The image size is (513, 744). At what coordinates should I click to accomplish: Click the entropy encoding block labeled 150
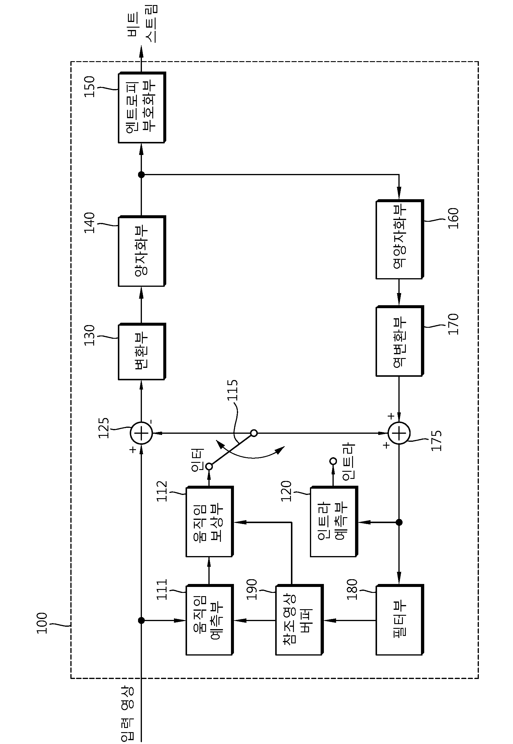click(142, 107)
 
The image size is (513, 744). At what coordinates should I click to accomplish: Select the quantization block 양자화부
click(142, 251)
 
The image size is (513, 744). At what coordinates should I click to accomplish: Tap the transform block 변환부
click(142, 352)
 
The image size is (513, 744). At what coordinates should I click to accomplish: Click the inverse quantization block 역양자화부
click(400, 239)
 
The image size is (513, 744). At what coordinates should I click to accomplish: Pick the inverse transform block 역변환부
click(400, 341)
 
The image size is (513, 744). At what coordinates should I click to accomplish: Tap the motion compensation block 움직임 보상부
click(210, 522)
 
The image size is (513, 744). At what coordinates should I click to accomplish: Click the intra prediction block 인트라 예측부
click(334, 522)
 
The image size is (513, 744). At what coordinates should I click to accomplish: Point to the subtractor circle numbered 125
click(141, 433)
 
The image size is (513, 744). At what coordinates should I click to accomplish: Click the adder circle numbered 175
click(399, 433)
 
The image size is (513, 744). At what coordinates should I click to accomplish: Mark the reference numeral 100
click(42, 623)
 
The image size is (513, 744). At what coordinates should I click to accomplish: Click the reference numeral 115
click(232, 390)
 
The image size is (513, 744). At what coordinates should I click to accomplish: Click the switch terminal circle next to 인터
click(209, 466)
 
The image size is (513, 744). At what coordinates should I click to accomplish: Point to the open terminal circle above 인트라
click(333, 461)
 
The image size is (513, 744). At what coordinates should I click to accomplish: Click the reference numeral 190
click(252, 589)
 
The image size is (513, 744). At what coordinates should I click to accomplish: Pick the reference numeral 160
click(453, 219)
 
